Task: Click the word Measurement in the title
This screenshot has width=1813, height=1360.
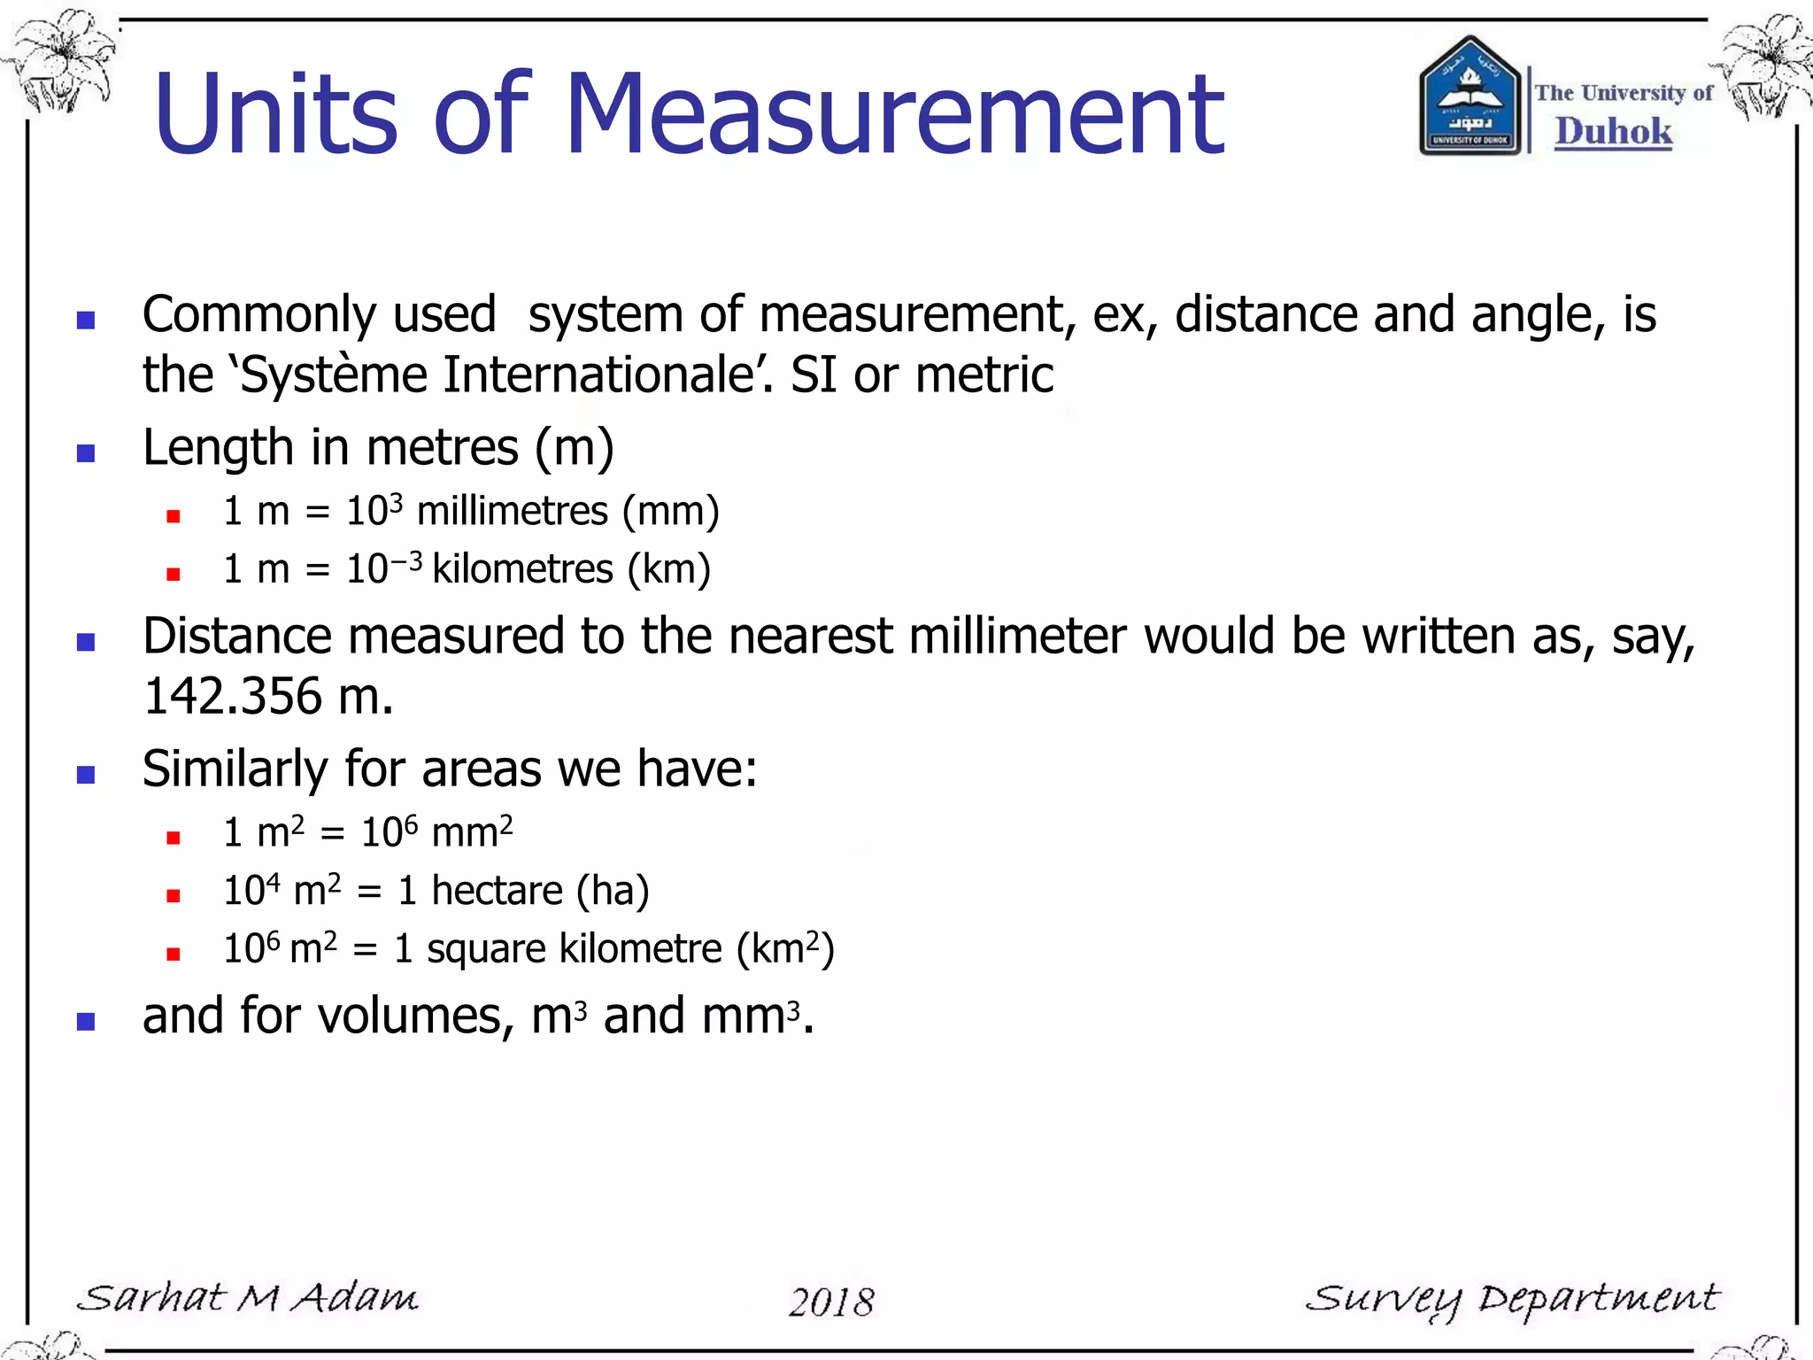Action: pos(894,115)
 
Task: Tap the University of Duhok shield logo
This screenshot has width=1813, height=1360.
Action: pos(1470,96)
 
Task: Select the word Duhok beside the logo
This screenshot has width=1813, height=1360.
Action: pos(1613,131)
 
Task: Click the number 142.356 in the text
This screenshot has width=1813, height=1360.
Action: pos(233,696)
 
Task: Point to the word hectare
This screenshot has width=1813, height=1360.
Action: pos(497,891)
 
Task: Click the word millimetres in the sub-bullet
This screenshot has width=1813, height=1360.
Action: pos(513,512)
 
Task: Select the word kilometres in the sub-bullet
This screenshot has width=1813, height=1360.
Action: pos(522,569)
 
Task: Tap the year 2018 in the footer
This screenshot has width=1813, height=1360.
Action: pos(831,1302)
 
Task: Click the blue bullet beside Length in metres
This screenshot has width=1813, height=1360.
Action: pos(86,454)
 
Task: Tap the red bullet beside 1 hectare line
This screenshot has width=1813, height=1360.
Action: pos(174,896)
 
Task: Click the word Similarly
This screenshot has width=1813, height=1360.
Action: pos(235,769)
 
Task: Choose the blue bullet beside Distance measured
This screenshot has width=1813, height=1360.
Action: pos(86,642)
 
